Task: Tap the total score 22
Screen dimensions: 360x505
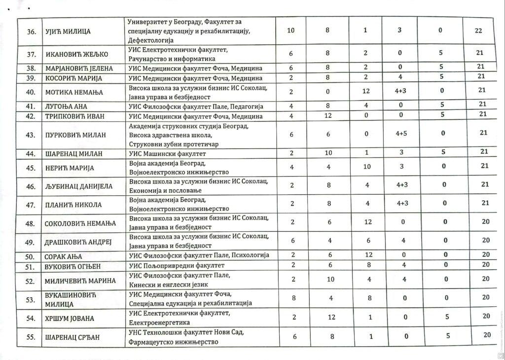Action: click(x=478, y=31)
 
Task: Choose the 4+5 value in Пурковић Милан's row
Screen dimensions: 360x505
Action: click(x=402, y=133)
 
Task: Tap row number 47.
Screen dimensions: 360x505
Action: click(x=30, y=205)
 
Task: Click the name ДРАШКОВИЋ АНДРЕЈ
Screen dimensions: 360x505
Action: click(x=79, y=241)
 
